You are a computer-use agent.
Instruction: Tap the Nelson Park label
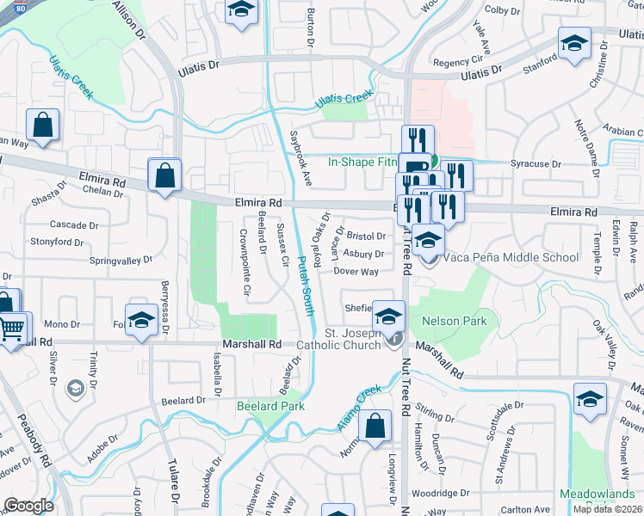tap(454, 321)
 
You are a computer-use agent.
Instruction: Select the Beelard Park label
tap(270, 406)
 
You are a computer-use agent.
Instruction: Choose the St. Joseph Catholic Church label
tap(351, 339)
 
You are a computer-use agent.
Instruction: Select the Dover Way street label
tap(356, 272)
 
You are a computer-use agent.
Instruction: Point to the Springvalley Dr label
tap(121, 259)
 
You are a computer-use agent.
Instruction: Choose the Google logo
tap(29, 506)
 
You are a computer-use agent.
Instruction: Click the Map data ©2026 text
tap(607, 509)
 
